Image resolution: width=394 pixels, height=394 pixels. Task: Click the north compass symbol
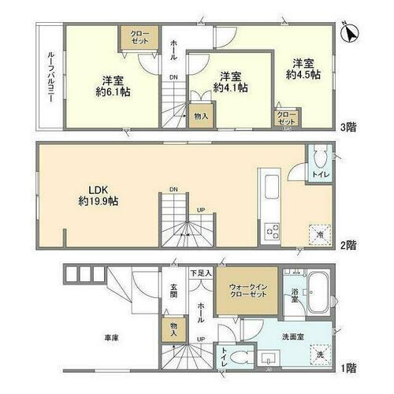pyautogui.click(x=352, y=32)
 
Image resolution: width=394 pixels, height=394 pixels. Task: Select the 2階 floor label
pyautogui.click(x=348, y=245)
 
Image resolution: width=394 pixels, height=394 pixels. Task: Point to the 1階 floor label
pyautogui.click(x=348, y=367)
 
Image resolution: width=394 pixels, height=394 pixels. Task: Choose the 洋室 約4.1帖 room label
pyautogui.click(x=231, y=81)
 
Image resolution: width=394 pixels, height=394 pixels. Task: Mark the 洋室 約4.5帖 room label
pyautogui.click(x=307, y=68)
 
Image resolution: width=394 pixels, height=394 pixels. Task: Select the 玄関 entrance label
pyautogui.click(x=173, y=292)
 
